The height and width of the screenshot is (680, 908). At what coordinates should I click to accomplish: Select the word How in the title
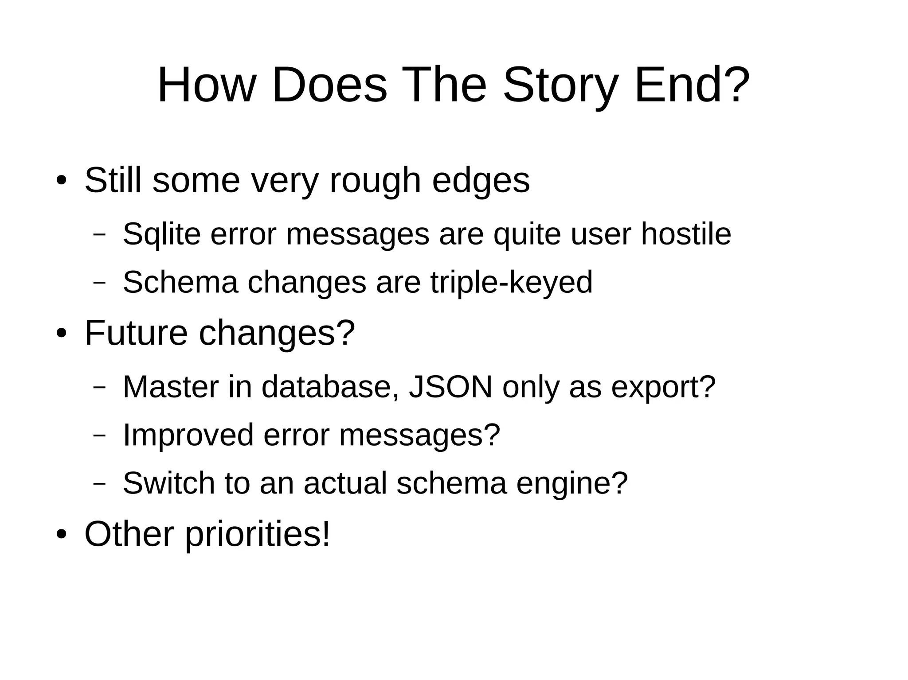coord(207,85)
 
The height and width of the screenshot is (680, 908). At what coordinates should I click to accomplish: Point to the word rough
coord(375,181)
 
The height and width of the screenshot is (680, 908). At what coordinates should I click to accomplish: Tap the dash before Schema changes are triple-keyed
coord(99,282)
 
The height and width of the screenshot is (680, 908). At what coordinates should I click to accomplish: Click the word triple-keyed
coord(511,282)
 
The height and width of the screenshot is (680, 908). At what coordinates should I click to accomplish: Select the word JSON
coord(450,387)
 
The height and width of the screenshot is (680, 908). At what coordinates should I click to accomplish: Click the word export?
coord(663,387)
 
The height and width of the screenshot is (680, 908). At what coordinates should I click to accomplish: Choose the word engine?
coord(572,483)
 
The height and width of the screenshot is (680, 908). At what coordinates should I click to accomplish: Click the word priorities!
coord(258,534)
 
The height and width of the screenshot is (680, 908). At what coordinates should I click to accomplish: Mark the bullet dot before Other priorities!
coord(61,534)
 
